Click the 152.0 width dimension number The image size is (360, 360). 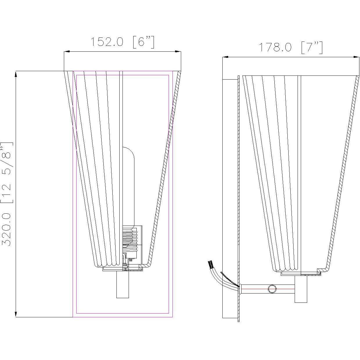click(106, 42)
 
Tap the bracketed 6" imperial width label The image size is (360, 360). click(143, 42)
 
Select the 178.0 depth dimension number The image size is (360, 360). click(275, 47)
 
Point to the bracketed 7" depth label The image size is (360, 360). click(312, 47)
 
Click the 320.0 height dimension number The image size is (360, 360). click(6, 229)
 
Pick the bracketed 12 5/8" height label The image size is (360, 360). click(6, 173)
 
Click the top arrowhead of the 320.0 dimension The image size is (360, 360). click(16, 74)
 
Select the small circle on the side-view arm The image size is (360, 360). click(272, 289)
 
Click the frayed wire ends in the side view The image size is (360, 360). click(210, 264)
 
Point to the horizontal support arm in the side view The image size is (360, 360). click(261, 289)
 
